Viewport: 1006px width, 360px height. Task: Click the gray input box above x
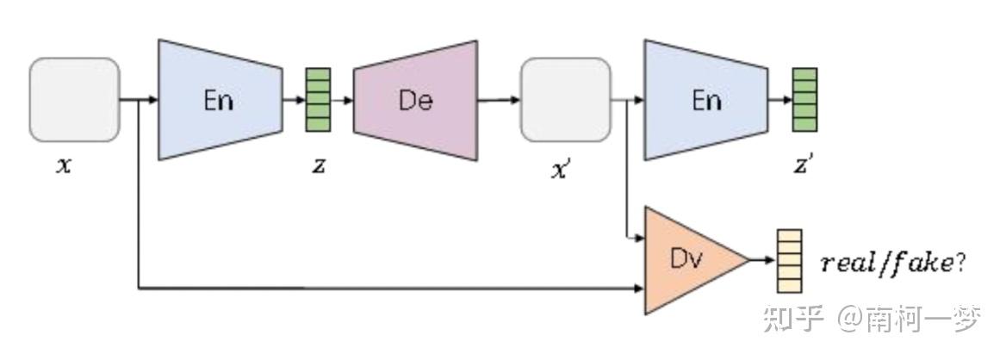coord(74,99)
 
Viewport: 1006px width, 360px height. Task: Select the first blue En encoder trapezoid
coord(220,99)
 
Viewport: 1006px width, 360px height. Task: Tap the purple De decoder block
coord(415,100)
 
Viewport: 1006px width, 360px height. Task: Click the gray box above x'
coord(564,99)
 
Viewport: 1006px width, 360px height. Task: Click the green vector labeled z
coord(318,99)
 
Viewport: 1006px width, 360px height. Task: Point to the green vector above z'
coord(804,99)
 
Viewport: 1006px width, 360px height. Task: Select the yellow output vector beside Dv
coord(789,258)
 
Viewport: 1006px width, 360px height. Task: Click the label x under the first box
coord(63,164)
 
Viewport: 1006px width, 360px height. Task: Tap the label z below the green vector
coord(318,165)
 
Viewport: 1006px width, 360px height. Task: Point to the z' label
coord(803,165)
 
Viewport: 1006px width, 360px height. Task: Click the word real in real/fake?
coord(849,264)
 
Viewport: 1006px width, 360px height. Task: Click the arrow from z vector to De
coord(342,99)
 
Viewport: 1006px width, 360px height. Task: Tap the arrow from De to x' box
coord(499,99)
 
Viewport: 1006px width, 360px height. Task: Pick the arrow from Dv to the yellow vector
coord(762,258)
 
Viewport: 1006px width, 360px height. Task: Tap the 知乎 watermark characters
coord(789,320)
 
